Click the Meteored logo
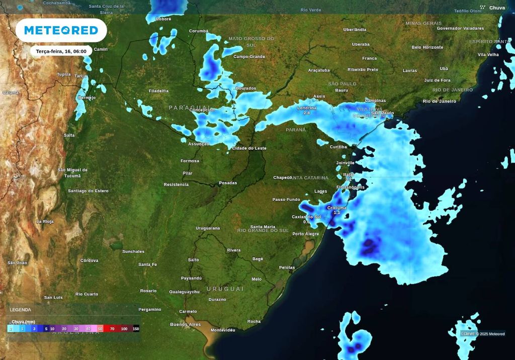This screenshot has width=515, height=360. click(x=61, y=30)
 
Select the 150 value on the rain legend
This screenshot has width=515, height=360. click(x=136, y=329)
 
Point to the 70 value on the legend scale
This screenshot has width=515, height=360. click(x=112, y=329)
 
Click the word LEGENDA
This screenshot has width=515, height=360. click(x=21, y=310)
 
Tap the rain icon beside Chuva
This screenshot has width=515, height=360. click(x=482, y=8)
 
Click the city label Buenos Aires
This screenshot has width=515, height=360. click(x=186, y=324)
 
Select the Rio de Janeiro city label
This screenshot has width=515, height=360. click(x=439, y=101)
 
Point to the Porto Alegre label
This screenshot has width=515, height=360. click(x=306, y=234)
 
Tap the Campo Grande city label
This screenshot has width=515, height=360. click(x=249, y=56)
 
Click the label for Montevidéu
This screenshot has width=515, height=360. click(x=223, y=330)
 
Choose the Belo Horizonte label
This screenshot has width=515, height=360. click(x=427, y=47)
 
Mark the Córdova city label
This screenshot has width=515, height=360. click(x=90, y=260)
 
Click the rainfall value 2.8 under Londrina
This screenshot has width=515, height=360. click(x=307, y=113)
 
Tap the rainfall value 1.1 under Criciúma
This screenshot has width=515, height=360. click(x=337, y=213)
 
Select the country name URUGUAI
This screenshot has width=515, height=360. click(x=225, y=289)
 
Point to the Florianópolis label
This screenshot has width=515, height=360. click(x=351, y=187)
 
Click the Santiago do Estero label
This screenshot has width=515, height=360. click(x=88, y=191)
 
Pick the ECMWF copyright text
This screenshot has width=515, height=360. click(x=483, y=334)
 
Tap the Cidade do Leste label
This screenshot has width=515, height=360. click(x=249, y=148)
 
